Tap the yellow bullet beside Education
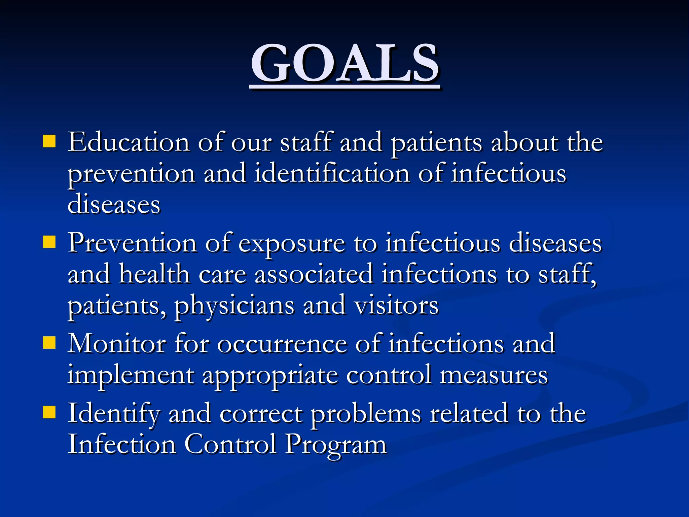click(x=49, y=142)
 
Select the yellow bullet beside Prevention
click(x=49, y=242)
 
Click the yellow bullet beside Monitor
click(x=49, y=343)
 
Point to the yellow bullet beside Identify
click(x=49, y=412)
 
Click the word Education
click(x=129, y=142)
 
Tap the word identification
click(x=332, y=174)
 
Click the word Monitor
click(x=117, y=344)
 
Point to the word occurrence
click(x=282, y=344)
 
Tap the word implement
click(x=131, y=375)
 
